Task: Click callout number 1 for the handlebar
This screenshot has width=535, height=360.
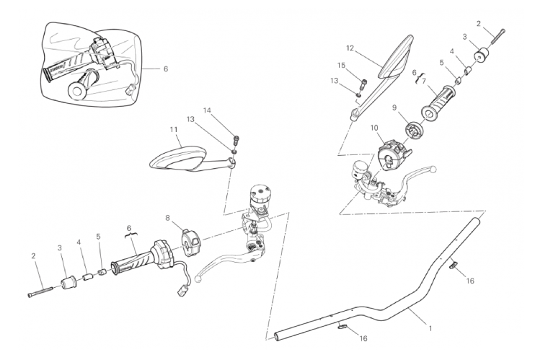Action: pyautogui.click(x=430, y=328)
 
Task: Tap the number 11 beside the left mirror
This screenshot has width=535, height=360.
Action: pyautogui.click(x=174, y=130)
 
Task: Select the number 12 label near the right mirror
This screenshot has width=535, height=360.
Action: pyautogui.click(x=350, y=48)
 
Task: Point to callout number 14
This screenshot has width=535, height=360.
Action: pyautogui.click(x=207, y=110)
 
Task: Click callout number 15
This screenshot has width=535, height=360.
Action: pyautogui.click(x=342, y=65)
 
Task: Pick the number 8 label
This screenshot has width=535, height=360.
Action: pyautogui.click(x=167, y=218)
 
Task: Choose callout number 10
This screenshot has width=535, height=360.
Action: pyautogui.click(x=374, y=128)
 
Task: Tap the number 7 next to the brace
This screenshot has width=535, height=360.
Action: pyautogui.click(x=424, y=81)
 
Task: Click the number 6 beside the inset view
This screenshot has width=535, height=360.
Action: pyautogui.click(x=166, y=69)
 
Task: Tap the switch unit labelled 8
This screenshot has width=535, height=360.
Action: pyautogui.click(x=190, y=242)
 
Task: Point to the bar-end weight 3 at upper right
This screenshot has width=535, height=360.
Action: pyautogui.click(x=482, y=56)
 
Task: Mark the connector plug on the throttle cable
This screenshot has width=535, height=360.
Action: pyautogui.click(x=181, y=291)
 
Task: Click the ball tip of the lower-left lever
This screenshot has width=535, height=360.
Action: pyautogui.click(x=198, y=279)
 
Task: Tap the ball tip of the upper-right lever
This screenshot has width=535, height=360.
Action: pyautogui.click(x=433, y=169)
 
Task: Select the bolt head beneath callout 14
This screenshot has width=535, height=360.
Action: pyautogui.click(x=236, y=139)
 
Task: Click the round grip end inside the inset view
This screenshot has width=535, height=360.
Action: pyautogui.click(x=77, y=91)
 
